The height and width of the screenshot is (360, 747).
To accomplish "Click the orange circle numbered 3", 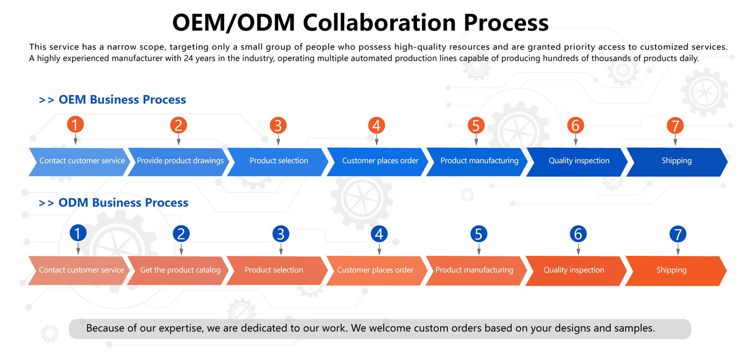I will [278, 125].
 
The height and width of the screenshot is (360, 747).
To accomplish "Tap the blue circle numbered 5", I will [479, 234].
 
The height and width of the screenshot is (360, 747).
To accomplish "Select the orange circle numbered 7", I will [675, 125].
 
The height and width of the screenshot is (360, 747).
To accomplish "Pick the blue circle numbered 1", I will [78, 233].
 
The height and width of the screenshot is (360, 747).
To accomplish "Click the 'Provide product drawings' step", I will [180, 161].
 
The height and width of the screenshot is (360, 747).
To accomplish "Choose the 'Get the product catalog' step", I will [180, 270].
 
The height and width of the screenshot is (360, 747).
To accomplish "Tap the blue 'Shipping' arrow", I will [677, 161].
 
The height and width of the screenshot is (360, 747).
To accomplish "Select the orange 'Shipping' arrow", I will [671, 270].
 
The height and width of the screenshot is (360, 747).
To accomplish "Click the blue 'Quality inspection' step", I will [579, 161].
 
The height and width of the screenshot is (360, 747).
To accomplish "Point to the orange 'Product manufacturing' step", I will [474, 270].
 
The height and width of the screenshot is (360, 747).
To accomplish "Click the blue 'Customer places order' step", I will [380, 161].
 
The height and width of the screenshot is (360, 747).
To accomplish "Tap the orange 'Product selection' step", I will [274, 270].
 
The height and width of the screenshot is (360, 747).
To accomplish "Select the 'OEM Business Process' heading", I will [122, 100].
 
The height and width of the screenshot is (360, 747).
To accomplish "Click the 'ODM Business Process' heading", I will [123, 203].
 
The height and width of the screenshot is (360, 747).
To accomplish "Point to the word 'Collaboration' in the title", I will [379, 22].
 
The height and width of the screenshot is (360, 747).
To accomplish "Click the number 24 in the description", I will [188, 58].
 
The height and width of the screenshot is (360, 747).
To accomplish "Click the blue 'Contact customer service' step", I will [82, 161].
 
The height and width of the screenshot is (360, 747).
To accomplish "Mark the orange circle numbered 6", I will [576, 125].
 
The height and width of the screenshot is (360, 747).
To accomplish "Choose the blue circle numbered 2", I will [181, 233].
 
